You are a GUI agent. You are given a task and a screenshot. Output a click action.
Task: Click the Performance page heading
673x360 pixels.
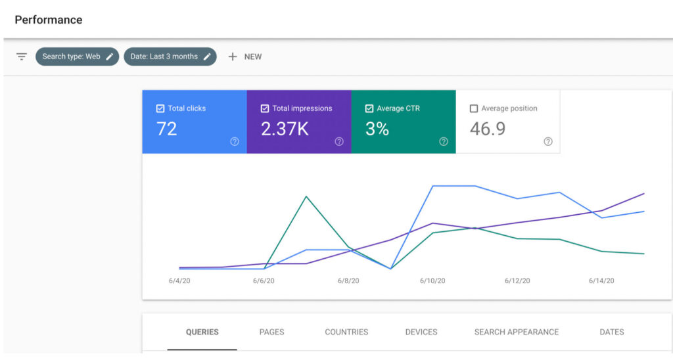click(49, 20)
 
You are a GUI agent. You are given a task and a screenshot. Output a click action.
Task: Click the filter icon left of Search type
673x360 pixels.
click(22, 56)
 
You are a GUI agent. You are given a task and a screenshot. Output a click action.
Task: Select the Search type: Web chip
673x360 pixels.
click(77, 56)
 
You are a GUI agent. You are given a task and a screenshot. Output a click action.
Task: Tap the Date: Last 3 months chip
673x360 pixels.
click(170, 56)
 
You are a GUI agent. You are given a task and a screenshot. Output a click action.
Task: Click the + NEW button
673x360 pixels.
click(245, 56)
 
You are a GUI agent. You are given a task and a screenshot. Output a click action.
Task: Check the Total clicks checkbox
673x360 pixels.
click(160, 108)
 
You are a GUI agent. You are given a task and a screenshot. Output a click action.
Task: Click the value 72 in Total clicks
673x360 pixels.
click(167, 129)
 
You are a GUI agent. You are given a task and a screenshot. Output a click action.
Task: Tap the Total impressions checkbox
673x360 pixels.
click(265, 108)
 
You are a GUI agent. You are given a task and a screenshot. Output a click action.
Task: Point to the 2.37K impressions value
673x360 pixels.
click(285, 129)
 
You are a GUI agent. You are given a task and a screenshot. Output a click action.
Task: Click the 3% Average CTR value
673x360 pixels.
click(377, 129)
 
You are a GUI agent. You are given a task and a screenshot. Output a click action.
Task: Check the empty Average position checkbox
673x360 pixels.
click(474, 108)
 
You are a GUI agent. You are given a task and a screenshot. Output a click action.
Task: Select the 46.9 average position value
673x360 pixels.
click(488, 129)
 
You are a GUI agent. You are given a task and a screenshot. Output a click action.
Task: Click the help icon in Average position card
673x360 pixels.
click(548, 141)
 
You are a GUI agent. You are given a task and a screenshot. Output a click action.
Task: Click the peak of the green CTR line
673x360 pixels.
click(306, 196)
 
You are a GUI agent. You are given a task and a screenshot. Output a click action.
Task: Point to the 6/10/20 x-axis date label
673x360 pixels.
click(432, 281)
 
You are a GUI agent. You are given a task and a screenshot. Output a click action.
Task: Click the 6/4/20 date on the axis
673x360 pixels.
click(179, 281)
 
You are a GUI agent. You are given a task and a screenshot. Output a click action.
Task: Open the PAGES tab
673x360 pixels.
click(271, 332)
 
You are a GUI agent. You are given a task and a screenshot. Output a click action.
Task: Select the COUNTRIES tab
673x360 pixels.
click(346, 332)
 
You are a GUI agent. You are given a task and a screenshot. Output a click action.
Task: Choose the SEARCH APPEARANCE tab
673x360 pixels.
click(517, 332)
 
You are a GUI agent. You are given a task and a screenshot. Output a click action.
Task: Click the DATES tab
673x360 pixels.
click(612, 332)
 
